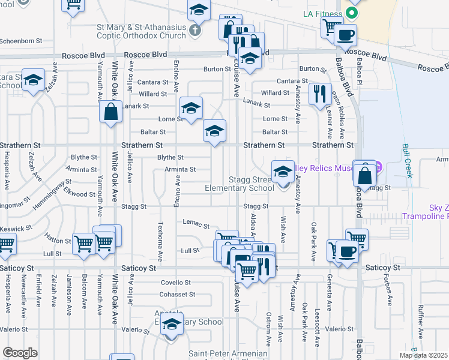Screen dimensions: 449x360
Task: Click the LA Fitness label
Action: point(322,13)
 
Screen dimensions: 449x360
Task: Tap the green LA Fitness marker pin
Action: point(353,13)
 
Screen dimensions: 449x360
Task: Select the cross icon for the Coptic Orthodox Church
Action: point(194,29)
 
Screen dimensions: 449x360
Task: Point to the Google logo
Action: point(20,353)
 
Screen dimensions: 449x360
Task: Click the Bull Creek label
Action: point(409,161)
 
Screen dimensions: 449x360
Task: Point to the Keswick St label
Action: point(16,229)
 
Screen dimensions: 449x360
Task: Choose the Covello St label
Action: point(175,282)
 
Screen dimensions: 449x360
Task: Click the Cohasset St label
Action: point(177,294)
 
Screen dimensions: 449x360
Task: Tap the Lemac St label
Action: point(197,224)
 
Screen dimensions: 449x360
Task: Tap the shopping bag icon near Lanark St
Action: point(111,111)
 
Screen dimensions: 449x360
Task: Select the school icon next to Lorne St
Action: point(191,108)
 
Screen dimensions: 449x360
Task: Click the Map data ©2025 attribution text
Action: point(423,355)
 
